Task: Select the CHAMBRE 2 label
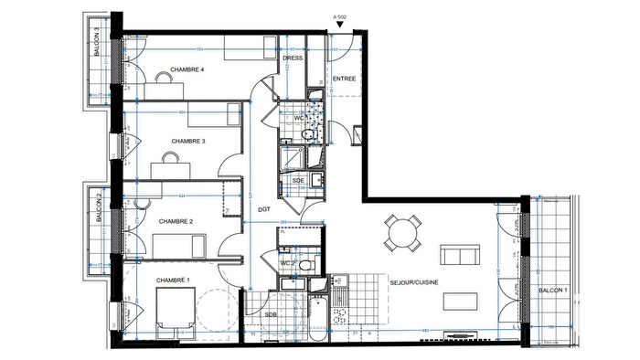(x=176, y=221)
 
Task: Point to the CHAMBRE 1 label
(x=174, y=280)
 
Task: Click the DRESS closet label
(x=293, y=58)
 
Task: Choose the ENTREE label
(x=344, y=79)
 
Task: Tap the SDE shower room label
(x=298, y=181)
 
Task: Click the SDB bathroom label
(x=271, y=314)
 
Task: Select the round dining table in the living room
(x=402, y=230)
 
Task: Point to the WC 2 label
(x=287, y=264)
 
